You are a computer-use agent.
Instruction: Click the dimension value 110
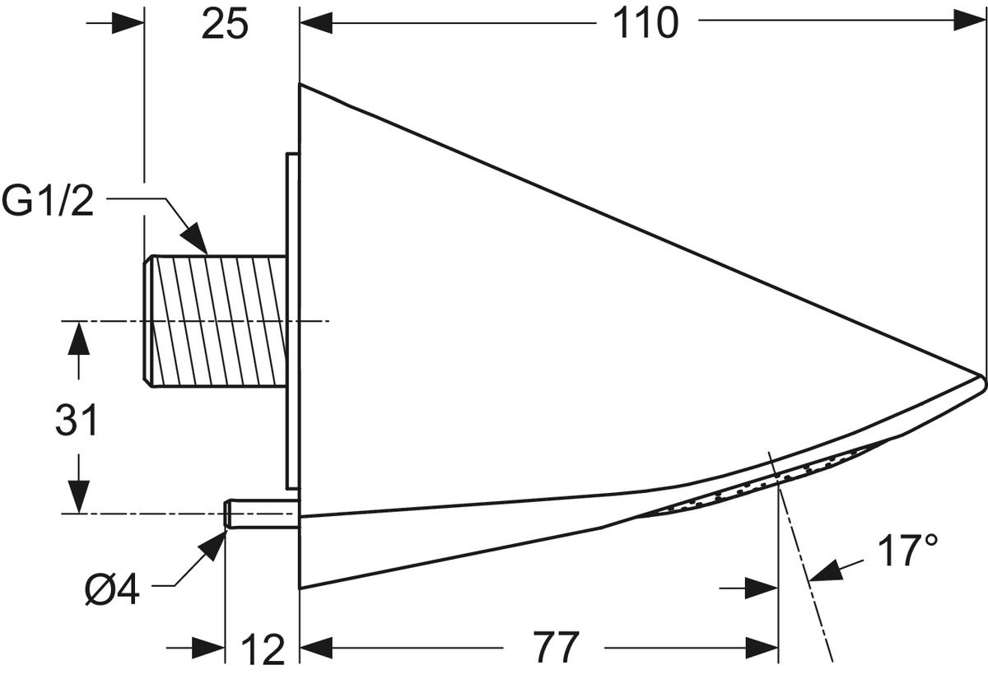[645, 24]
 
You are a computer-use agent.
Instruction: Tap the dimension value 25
[225, 24]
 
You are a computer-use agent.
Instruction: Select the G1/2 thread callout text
[48, 201]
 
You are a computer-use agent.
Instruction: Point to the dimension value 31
[76, 421]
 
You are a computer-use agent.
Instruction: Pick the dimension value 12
[263, 649]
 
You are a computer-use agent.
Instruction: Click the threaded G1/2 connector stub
[215, 321]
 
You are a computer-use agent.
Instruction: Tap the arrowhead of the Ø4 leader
[213, 545]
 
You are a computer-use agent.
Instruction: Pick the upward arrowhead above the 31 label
[79, 338]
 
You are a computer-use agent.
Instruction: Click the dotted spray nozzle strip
[759, 484]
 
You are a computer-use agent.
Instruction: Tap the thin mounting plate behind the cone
[292, 320]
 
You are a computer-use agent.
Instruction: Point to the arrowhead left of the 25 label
[128, 23]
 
